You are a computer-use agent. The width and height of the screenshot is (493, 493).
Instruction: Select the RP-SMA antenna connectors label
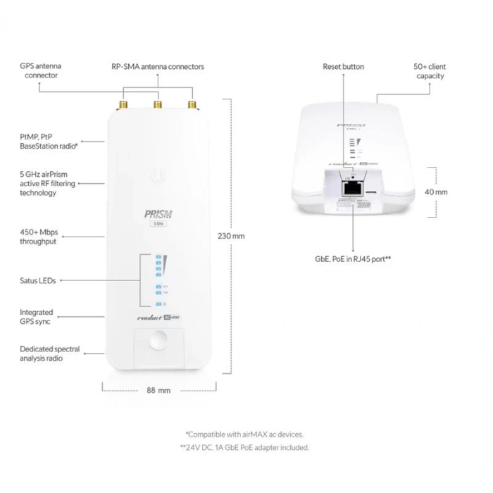(158, 67)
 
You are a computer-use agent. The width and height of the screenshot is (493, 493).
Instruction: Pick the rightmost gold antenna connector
(191, 106)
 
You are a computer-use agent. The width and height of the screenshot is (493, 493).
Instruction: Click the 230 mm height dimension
(232, 236)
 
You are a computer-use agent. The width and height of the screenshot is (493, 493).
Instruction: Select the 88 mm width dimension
(158, 390)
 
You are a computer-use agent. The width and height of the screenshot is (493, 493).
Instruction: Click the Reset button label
(344, 67)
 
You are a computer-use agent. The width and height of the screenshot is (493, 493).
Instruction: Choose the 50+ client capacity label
(430, 71)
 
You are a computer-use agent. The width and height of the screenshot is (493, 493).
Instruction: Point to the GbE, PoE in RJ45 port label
(353, 259)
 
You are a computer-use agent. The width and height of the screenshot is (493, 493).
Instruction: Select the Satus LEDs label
(38, 280)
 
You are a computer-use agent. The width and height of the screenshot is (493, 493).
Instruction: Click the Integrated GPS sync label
(37, 317)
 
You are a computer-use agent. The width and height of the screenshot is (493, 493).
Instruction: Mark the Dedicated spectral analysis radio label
(49, 354)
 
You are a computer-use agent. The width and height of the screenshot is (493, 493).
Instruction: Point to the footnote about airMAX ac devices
(244, 435)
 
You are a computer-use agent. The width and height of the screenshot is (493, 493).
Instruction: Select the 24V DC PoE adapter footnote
(244, 447)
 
